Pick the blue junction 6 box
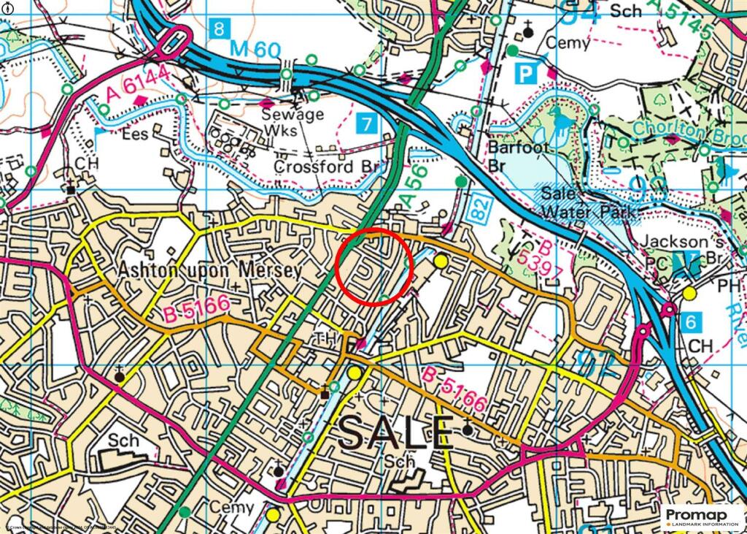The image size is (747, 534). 694,321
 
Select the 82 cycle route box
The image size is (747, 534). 476,213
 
